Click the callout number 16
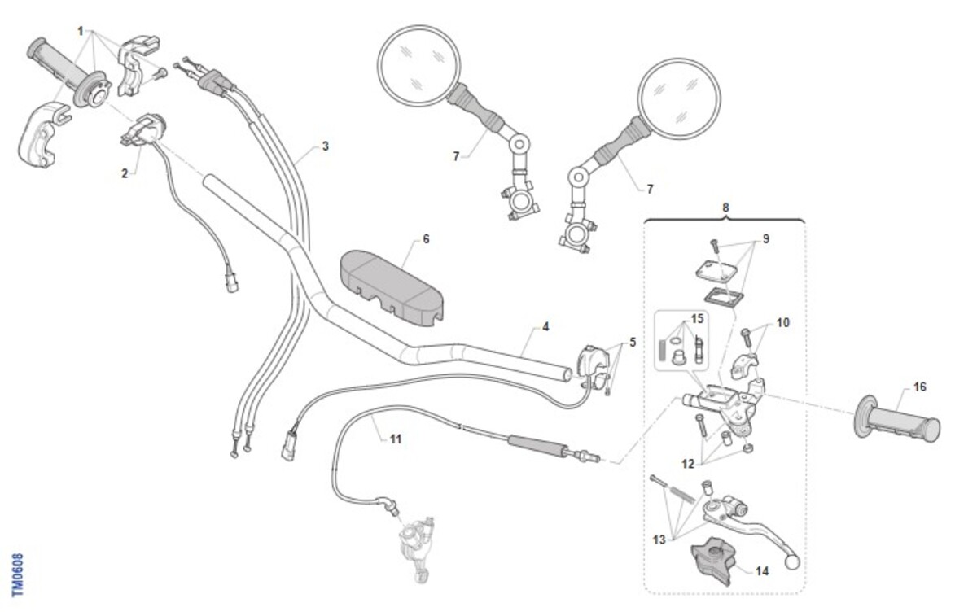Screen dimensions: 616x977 click(919, 387)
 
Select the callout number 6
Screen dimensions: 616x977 click(426, 239)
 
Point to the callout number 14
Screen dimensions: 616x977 click(762, 571)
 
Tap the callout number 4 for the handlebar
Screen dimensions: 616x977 click(545, 326)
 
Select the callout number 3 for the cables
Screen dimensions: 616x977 click(325, 146)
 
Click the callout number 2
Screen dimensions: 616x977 click(125, 173)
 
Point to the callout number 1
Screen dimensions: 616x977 click(81, 30)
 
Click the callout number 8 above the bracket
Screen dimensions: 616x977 click(725, 207)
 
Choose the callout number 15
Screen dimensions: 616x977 click(697, 319)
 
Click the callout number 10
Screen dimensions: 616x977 click(782, 322)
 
